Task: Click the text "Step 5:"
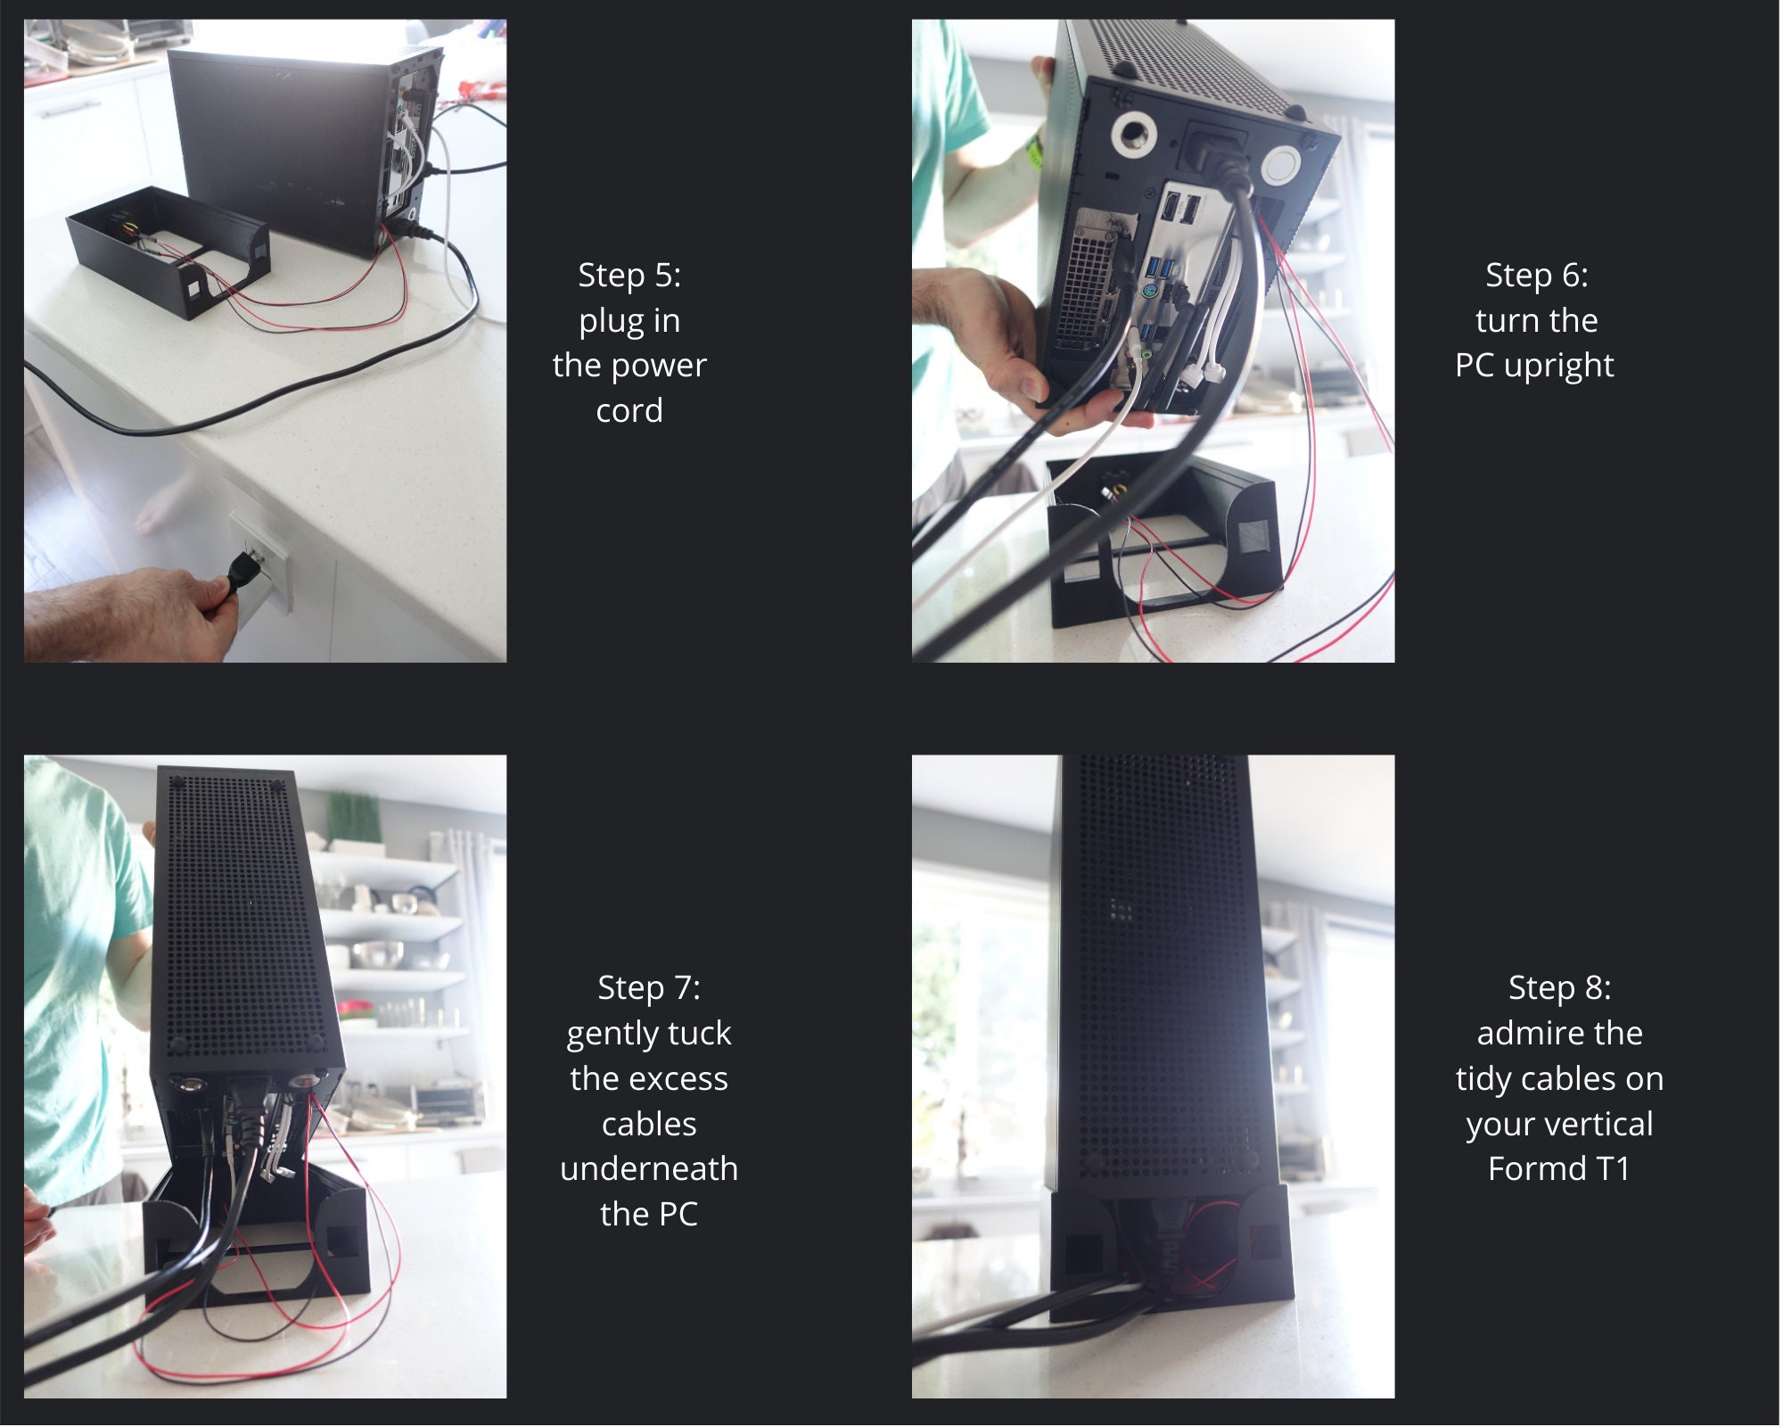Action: pyautogui.click(x=629, y=276)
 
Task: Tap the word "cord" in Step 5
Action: pyautogui.click(x=629, y=411)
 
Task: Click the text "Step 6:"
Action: pyautogui.click(x=1537, y=276)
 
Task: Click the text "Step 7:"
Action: pyautogui.click(x=649, y=988)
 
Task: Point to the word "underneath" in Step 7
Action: pyautogui.click(x=649, y=1169)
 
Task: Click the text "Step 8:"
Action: pyautogui.click(x=1560, y=988)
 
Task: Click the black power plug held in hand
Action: pyautogui.click(x=239, y=572)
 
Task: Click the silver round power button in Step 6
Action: pyautogui.click(x=1282, y=167)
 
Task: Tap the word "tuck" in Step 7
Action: pyautogui.click(x=699, y=1034)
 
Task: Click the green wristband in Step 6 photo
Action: pyautogui.click(x=1035, y=152)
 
